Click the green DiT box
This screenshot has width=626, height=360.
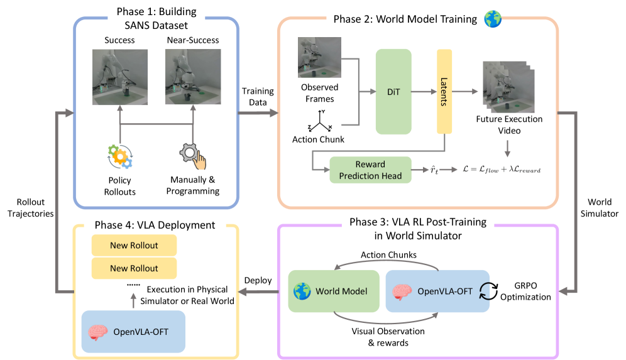(x=393, y=92)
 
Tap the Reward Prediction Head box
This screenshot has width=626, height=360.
(x=371, y=170)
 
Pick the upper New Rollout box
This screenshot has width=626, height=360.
(x=134, y=245)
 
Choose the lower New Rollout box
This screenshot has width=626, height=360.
(x=134, y=268)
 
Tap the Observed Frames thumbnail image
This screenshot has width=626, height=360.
(x=319, y=58)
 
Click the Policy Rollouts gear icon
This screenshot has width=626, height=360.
(x=119, y=157)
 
